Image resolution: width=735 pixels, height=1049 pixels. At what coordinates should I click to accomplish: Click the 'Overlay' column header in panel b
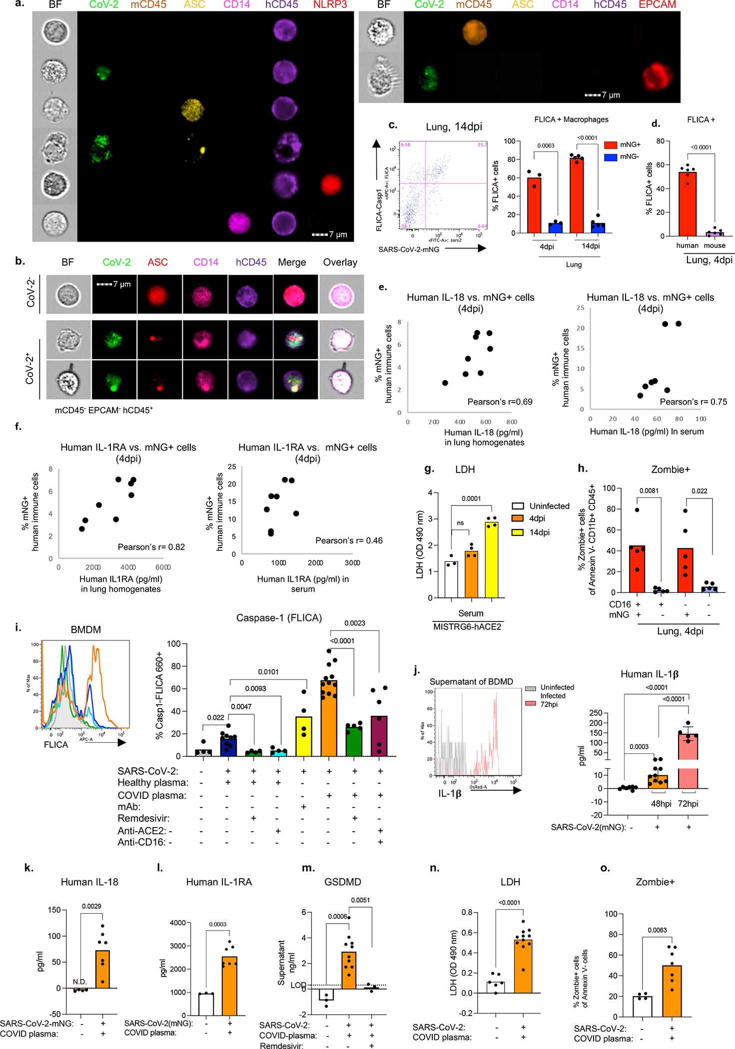340,262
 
